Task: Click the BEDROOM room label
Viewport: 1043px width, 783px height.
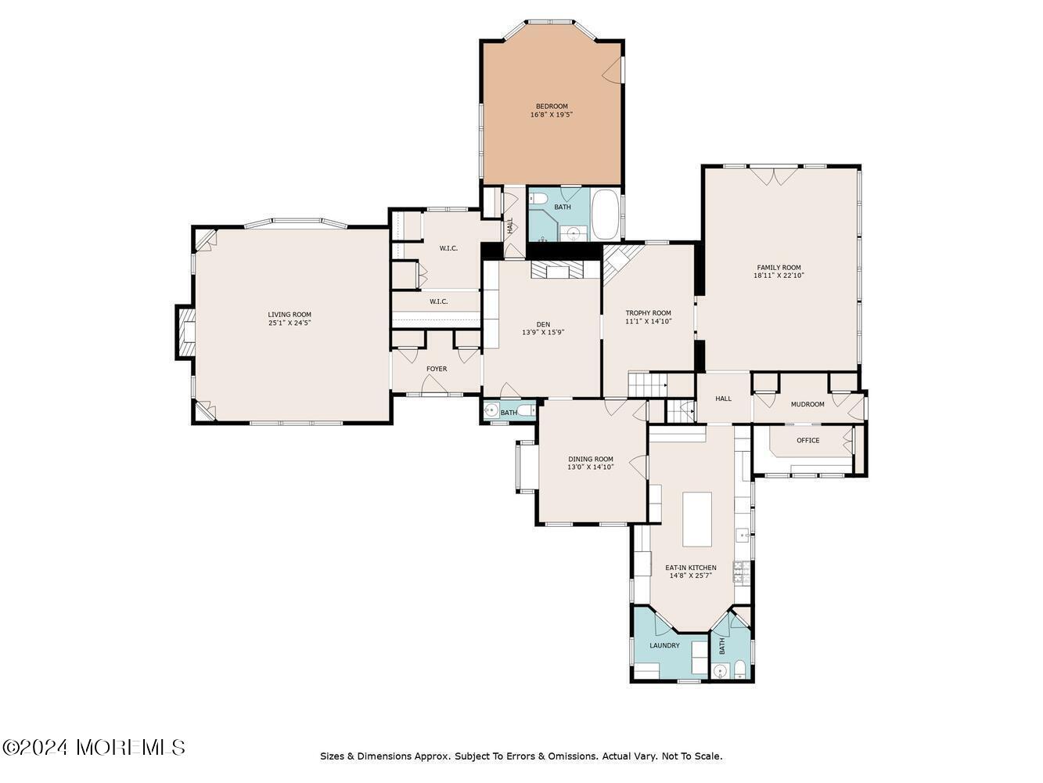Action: (551, 106)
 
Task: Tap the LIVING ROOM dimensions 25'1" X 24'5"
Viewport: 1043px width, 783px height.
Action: (290, 323)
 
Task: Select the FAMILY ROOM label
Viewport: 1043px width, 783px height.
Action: (779, 268)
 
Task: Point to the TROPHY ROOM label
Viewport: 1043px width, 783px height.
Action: (648, 313)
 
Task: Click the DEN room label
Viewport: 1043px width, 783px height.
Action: (543, 325)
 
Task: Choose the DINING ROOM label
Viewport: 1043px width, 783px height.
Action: (591, 460)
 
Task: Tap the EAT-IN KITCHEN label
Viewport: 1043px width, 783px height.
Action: (690, 568)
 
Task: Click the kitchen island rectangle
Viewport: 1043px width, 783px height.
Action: (697, 520)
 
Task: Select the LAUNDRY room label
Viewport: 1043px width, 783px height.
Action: (664, 646)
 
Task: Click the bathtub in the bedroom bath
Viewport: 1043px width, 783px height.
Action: (606, 215)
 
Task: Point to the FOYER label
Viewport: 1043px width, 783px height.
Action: (436, 369)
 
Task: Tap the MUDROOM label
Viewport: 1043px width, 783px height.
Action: (807, 405)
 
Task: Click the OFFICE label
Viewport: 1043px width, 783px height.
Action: (807, 441)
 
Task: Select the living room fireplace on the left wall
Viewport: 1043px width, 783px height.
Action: (185, 332)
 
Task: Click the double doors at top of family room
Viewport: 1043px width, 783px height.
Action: (775, 175)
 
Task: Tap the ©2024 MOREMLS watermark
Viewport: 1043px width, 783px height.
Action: (93, 748)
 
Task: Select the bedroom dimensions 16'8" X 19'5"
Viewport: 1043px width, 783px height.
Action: (551, 114)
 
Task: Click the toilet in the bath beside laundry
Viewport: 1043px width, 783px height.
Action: (739, 670)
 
